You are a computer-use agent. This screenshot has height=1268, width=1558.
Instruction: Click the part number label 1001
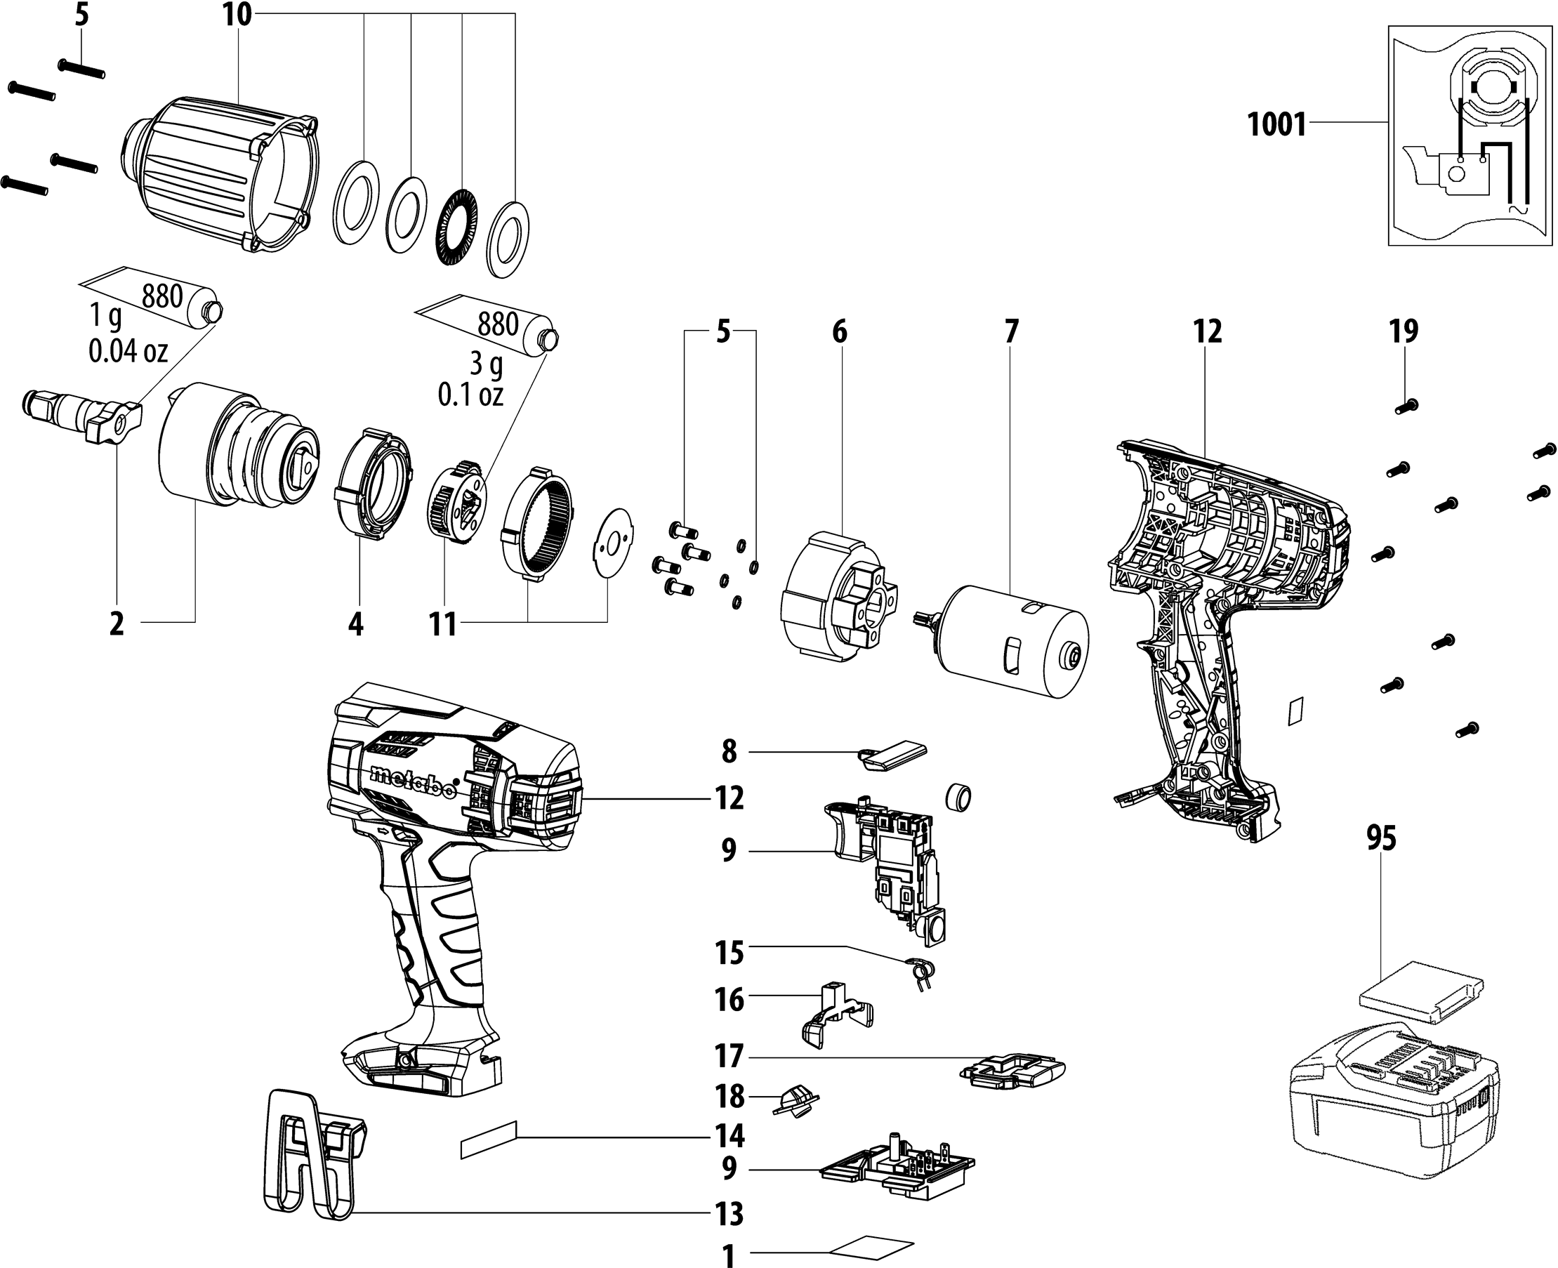pyautogui.click(x=1276, y=124)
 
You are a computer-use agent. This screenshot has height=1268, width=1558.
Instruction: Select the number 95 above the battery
pyautogui.click(x=1380, y=838)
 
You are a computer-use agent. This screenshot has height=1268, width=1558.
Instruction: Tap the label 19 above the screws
pyautogui.click(x=1403, y=331)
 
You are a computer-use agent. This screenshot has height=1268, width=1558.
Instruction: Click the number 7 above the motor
pyautogui.click(x=1010, y=331)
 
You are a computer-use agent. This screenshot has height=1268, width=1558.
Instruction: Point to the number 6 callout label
pyautogui.click(x=839, y=331)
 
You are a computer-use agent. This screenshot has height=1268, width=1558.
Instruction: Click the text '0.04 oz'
pyautogui.click(x=128, y=351)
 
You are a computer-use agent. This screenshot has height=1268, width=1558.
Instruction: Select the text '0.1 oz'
pyautogui.click(x=470, y=395)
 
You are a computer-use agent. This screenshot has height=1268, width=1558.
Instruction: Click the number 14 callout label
pyautogui.click(x=729, y=1136)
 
